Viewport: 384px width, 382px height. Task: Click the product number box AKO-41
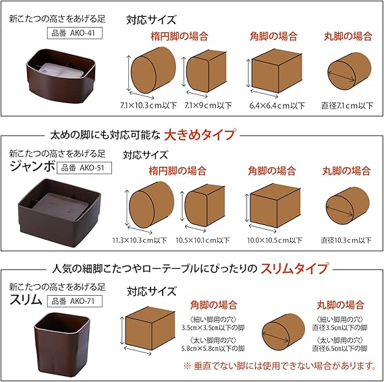[x=74, y=33]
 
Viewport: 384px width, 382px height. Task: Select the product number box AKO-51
[x=84, y=168]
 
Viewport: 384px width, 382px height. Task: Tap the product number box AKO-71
[x=74, y=301]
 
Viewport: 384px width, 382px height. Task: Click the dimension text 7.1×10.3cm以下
[x=148, y=105]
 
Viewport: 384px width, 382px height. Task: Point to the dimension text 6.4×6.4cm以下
[x=277, y=106]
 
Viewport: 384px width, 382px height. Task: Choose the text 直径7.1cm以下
[x=347, y=106]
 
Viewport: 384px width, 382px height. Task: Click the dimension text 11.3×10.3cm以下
[x=140, y=240]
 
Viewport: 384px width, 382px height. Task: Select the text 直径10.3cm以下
[x=346, y=240]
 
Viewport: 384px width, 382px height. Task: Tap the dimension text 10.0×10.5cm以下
[x=275, y=240]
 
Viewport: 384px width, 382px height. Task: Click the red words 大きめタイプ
[x=200, y=135]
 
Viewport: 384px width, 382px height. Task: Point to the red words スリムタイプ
[x=294, y=269]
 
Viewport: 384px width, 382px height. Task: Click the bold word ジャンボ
[x=32, y=166]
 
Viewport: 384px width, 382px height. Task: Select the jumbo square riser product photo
[x=59, y=212]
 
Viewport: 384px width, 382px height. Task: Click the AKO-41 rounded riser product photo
[x=61, y=75]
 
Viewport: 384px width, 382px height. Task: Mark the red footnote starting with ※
[x=279, y=366]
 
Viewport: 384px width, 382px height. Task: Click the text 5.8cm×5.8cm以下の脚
[x=213, y=348]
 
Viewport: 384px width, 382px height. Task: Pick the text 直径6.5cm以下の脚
[x=339, y=348]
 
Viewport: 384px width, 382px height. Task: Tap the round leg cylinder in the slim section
[x=283, y=332]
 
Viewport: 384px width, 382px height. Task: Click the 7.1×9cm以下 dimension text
[x=208, y=105]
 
